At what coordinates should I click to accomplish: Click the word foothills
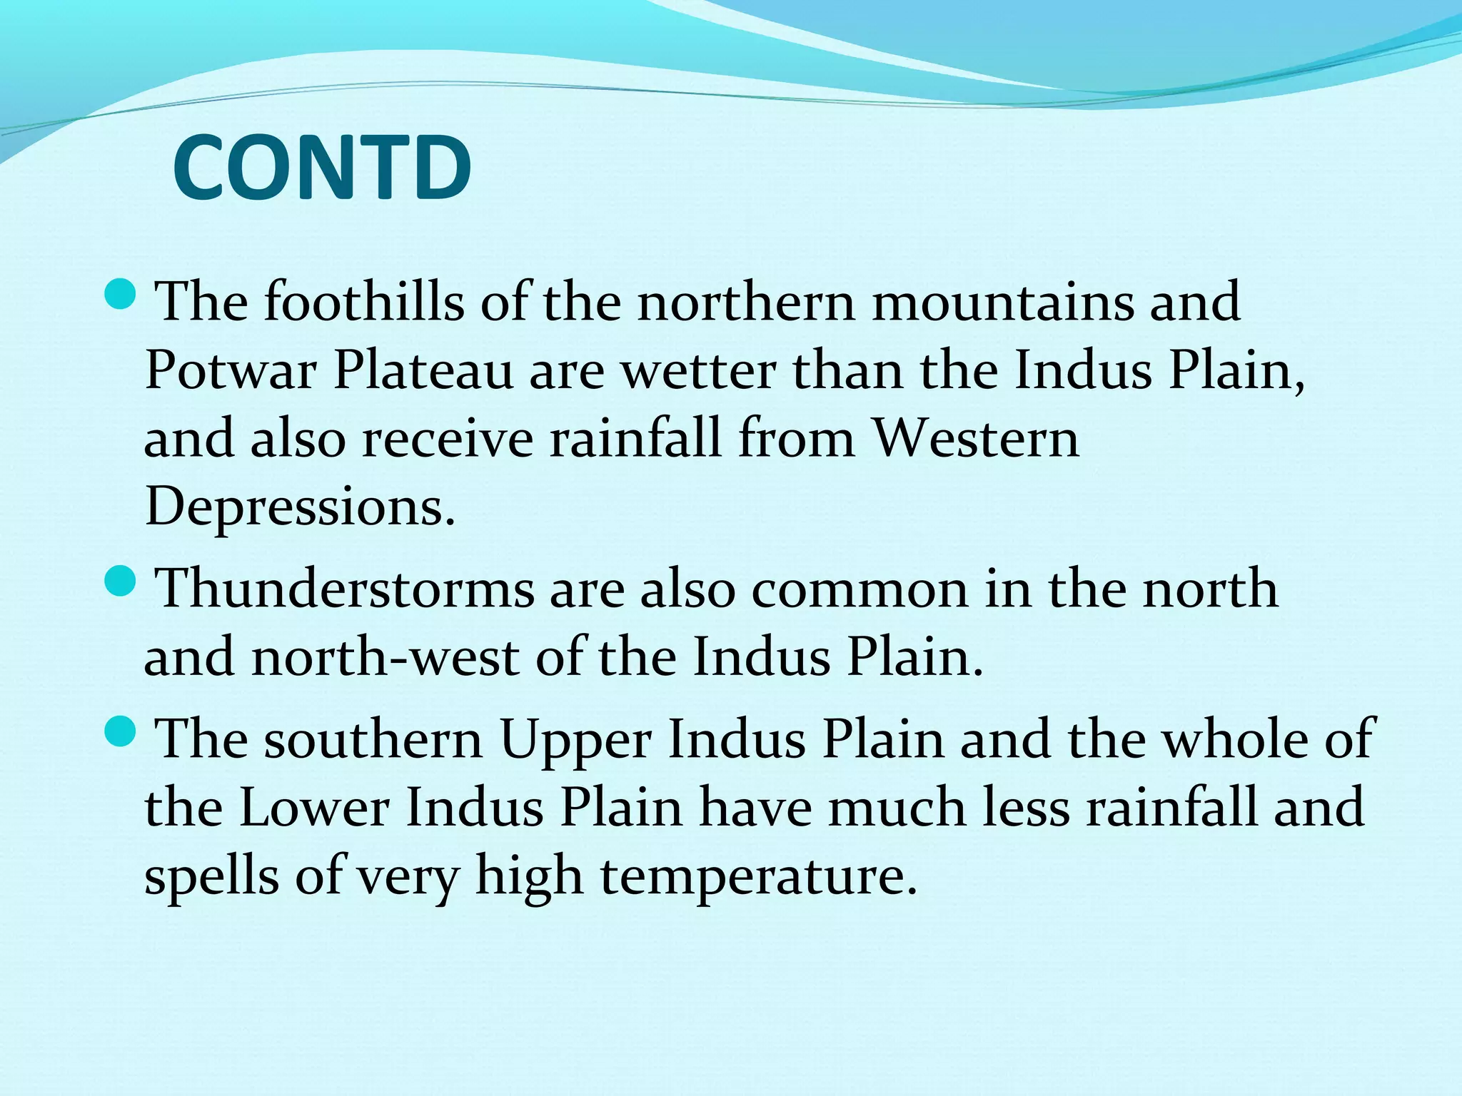click(x=363, y=301)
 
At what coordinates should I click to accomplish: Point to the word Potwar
click(x=231, y=371)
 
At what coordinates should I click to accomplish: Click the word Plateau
click(x=423, y=371)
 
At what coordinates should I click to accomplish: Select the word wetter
click(x=698, y=371)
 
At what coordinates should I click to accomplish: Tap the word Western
click(x=975, y=438)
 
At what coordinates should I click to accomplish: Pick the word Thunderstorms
click(x=346, y=589)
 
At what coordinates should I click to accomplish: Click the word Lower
click(x=314, y=808)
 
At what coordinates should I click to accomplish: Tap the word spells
click(x=211, y=877)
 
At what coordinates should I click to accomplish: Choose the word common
click(x=859, y=589)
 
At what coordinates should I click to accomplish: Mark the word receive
click(x=448, y=438)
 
